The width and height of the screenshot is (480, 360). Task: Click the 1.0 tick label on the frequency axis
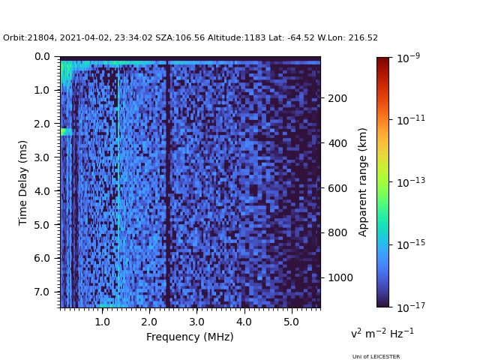[x=102, y=322]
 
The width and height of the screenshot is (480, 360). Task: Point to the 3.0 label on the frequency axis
[x=196, y=322]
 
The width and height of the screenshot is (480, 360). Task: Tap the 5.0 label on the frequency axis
[x=292, y=322]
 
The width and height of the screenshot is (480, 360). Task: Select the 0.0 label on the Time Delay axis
[x=42, y=57]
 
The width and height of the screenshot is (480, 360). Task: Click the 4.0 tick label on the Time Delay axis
[x=42, y=191]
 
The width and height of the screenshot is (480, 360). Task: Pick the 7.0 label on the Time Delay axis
[x=42, y=292]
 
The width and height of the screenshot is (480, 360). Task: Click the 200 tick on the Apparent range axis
[x=337, y=98]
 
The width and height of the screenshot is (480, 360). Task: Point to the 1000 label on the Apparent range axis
[x=340, y=277]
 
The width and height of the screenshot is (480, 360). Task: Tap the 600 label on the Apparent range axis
[x=337, y=188]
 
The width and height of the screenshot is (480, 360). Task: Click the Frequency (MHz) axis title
[x=190, y=337]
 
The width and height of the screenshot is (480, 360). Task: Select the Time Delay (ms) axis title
[x=22, y=183]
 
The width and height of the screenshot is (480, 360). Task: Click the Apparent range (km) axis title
[x=362, y=182]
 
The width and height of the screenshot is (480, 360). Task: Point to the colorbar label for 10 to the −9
[x=408, y=58]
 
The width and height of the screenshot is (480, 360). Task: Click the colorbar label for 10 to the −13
[x=411, y=182]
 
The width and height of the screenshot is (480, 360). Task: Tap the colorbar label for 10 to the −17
[x=411, y=307]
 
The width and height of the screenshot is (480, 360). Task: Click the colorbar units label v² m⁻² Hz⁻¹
[x=382, y=333]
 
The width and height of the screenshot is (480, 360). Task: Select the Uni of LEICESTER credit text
[x=376, y=357]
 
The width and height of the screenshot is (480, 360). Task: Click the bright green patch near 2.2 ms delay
[x=66, y=132]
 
